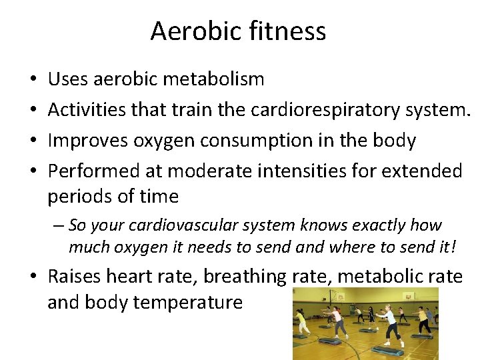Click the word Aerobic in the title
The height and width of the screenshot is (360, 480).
click(x=189, y=31)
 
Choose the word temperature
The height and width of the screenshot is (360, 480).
click(x=189, y=303)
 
